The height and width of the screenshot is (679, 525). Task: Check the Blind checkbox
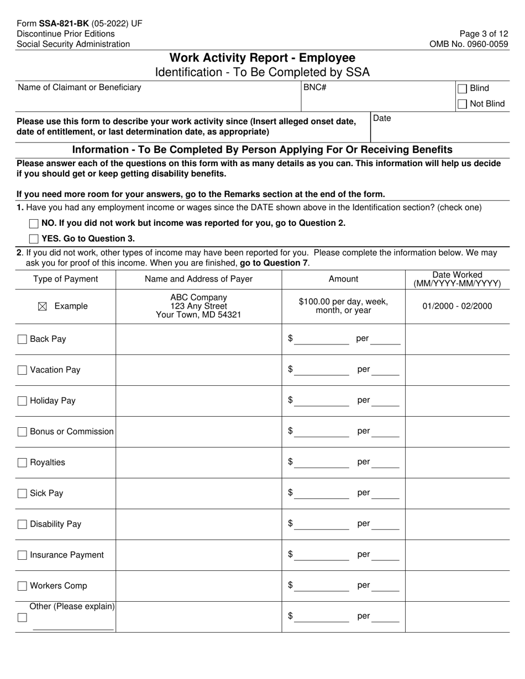pyautogui.click(x=463, y=88)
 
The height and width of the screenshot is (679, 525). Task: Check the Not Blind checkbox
pyautogui.click(x=463, y=104)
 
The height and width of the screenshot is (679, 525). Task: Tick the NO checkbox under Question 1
pyautogui.click(x=34, y=224)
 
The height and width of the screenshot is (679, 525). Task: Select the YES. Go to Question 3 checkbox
pyautogui.click(x=34, y=239)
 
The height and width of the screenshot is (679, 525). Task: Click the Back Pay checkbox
pyautogui.click(x=22, y=339)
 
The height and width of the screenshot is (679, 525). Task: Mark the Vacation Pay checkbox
pyautogui.click(x=22, y=370)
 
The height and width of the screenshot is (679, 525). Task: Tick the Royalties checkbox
pyautogui.click(x=22, y=463)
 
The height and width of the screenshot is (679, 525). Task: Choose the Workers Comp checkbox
pyautogui.click(x=22, y=586)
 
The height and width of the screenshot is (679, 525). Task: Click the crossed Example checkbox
pyautogui.click(x=42, y=306)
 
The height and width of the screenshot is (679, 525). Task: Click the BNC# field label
pyautogui.click(x=314, y=87)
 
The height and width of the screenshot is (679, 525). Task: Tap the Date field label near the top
pyautogui.click(x=382, y=118)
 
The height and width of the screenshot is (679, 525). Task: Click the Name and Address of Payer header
pyautogui.click(x=198, y=279)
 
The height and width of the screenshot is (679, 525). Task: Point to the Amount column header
pyautogui.click(x=343, y=279)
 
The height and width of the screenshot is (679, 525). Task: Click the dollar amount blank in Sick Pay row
pyautogui.click(x=322, y=494)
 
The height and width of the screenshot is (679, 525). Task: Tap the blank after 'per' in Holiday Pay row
pyautogui.click(x=385, y=401)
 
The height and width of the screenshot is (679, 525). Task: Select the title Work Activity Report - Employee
pyautogui.click(x=262, y=58)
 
